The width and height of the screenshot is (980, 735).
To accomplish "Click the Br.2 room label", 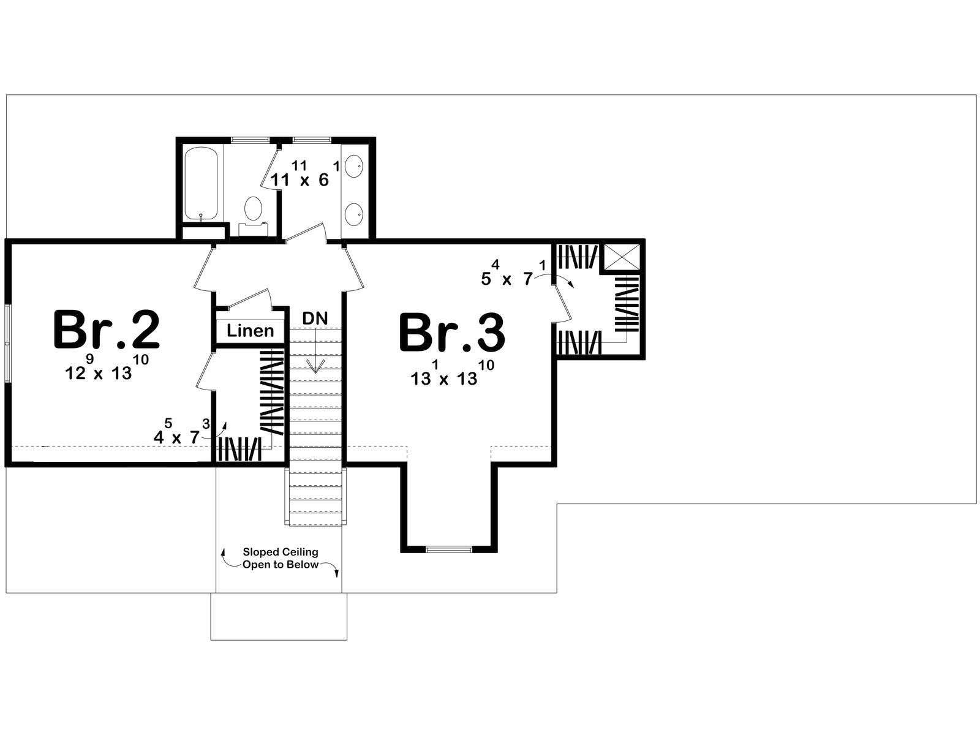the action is (106, 330).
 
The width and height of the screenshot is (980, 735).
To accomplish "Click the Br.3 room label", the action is (452, 333).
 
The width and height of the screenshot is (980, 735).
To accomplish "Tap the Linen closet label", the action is (250, 331).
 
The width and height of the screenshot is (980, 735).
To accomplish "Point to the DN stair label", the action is (315, 318).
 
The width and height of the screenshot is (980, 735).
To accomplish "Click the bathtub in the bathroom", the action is (202, 184).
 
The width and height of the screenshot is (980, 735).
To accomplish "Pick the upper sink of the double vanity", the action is (355, 165).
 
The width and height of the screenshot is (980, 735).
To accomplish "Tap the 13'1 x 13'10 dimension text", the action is (452, 372).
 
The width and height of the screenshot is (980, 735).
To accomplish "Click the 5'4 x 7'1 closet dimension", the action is (513, 273).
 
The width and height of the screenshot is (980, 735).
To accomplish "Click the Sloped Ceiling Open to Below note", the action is (281, 558).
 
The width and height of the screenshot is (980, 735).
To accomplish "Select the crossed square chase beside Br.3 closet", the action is (622, 257).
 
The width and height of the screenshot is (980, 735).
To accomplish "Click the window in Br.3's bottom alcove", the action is (449, 549).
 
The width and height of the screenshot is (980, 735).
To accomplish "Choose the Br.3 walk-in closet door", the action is (562, 303).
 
